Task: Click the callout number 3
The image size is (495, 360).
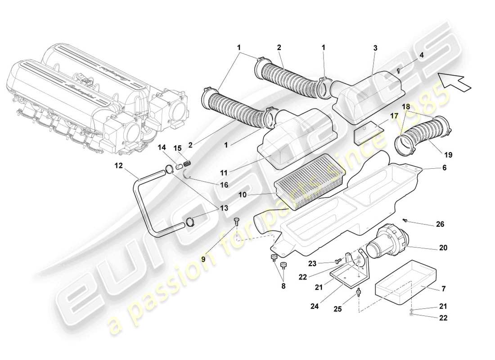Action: (375, 48)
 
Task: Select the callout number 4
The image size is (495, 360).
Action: (422, 55)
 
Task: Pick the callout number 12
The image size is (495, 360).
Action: (118, 166)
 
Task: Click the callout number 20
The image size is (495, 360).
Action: (443, 247)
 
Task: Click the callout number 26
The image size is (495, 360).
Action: (440, 224)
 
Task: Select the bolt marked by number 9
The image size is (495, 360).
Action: (238, 221)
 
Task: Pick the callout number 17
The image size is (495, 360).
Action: (394, 116)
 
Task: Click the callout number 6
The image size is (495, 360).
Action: (445, 167)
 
